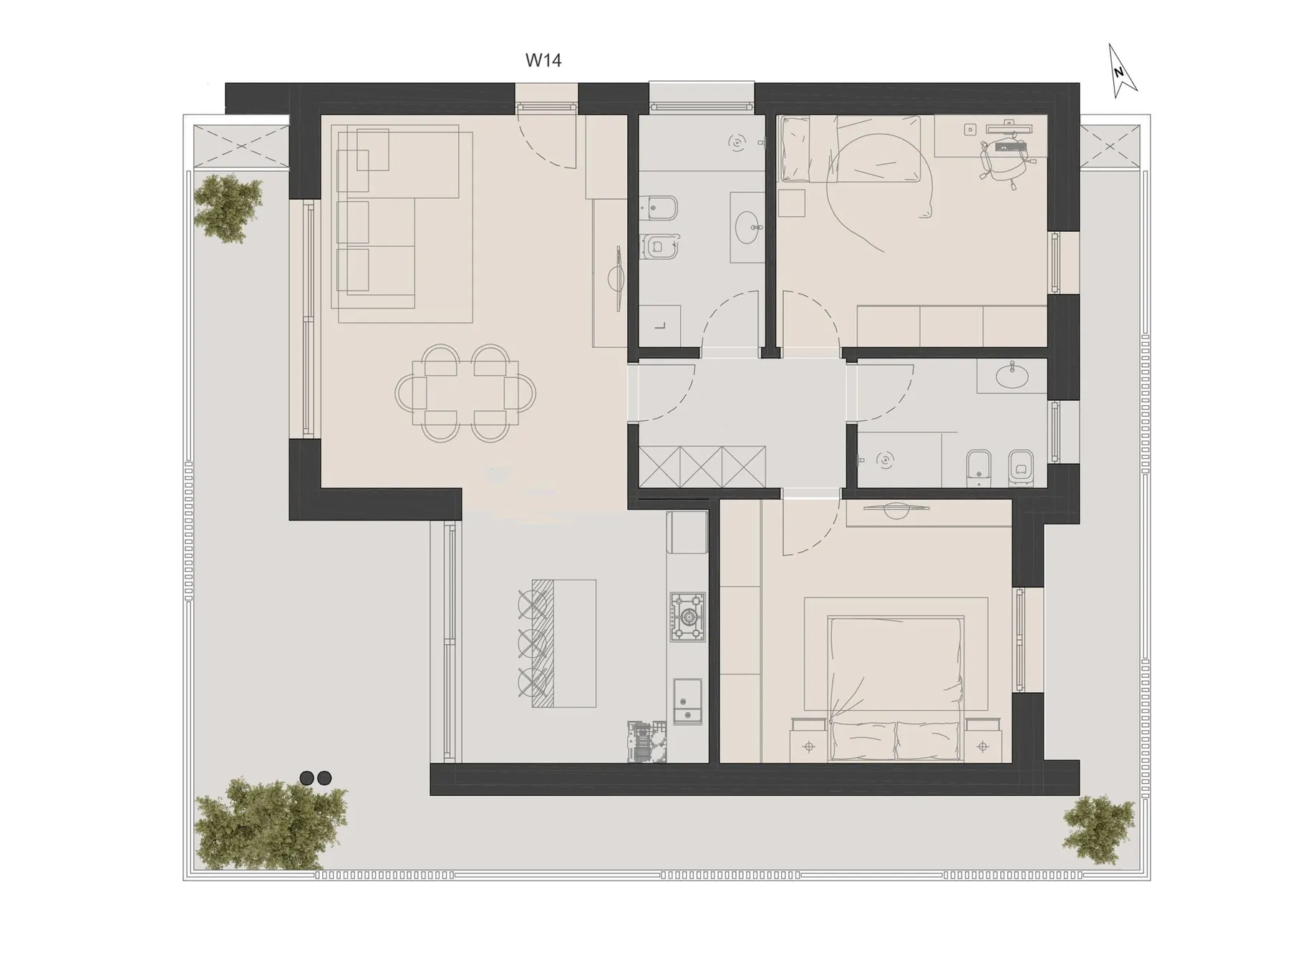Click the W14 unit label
click(x=543, y=60)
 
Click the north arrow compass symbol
click(x=1120, y=71)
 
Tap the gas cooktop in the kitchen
click(x=688, y=617)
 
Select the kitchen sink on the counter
click(x=688, y=701)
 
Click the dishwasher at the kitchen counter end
click(x=647, y=742)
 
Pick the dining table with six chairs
click(x=465, y=393)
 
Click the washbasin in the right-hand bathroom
click(x=1012, y=376)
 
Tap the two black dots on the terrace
click(x=316, y=778)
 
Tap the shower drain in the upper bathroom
click(x=737, y=143)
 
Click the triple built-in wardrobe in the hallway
click(x=702, y=467)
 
